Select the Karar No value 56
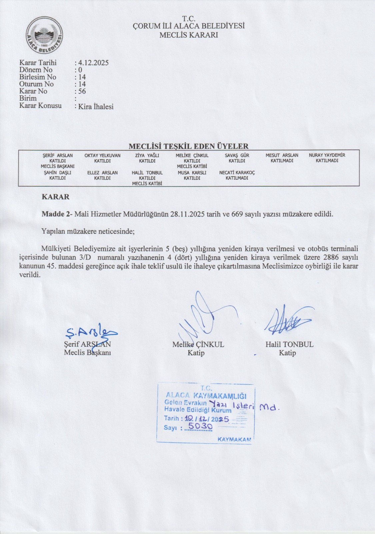click(x=82, y=91)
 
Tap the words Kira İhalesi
click(x=96, y=107)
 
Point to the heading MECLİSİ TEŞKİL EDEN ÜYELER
click(x=188, y=146)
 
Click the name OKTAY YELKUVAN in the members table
click(x=102, y=156)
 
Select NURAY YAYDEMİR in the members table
click(x=327, y=155)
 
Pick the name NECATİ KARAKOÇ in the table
click(x=237, y=173)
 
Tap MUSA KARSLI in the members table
click(x=192, y=173)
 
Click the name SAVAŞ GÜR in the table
click(x=237, y=156)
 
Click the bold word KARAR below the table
click(x=56, y=197)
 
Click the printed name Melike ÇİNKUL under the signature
click(x=198, y=345)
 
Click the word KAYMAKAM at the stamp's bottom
click(x=234, y=440)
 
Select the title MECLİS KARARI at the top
click(x=189, y=35)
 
